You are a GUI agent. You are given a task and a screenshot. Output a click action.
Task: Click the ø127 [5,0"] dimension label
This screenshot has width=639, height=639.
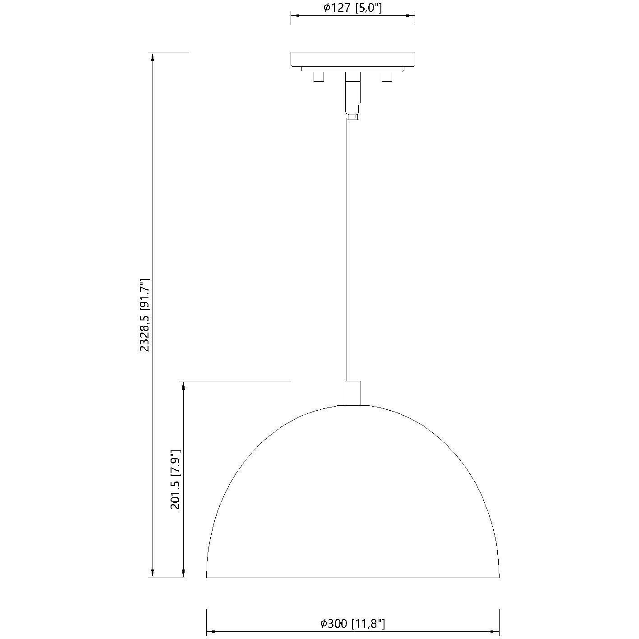point(352,8)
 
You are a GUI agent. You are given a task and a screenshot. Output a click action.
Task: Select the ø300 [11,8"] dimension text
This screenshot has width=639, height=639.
point(352,624)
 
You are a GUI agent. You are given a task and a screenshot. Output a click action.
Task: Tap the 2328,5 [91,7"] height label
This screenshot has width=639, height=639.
point(145,315)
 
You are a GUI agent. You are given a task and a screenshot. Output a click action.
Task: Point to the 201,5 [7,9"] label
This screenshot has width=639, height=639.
point(176,479)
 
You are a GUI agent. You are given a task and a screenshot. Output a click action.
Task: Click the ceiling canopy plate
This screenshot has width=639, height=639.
point(352,59)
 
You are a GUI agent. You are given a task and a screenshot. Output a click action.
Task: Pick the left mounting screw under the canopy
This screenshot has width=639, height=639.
point(319,77)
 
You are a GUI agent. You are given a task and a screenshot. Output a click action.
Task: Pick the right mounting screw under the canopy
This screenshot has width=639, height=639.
point(387,77)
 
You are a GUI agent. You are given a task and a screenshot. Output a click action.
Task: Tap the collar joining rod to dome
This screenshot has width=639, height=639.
point(352,393)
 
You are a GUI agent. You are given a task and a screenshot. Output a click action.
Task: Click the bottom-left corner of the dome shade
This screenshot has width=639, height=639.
point(207,577)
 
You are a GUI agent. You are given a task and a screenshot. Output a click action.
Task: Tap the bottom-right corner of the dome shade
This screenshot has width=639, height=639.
point(499,577)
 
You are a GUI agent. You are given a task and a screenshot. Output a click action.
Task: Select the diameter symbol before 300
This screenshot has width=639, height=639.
point(324,624)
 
